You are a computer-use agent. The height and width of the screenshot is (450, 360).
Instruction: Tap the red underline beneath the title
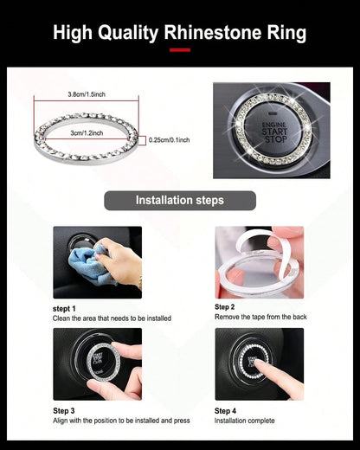pyautogui.click(x=180, y=50)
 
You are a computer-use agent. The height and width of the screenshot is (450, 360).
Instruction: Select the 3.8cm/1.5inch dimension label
pyautogui.click(x=87, y=94)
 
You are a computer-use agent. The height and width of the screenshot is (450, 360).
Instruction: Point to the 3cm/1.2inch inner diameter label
pyautogui.click(x=87, y=133)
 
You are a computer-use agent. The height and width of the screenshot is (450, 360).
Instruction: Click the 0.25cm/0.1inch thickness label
pyautogui.click(x=170, y=140)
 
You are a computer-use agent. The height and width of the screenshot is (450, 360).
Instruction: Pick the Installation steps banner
pyautogui.click(x=180, y=201)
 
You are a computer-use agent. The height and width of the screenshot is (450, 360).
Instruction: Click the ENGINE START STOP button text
pyautogui.click(x=274, y=132)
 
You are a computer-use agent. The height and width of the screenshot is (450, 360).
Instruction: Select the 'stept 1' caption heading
pyautogui.click(x=64, y=309)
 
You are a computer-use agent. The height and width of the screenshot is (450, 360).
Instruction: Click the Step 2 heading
pyautogui.click(x=224, y=307)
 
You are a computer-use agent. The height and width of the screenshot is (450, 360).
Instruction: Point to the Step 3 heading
pyautogui.click(x=64, y=410)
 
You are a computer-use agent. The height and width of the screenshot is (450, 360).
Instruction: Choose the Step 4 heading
pyautogui.click(x=225, y=410)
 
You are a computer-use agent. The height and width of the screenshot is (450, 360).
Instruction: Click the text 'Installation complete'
pyautogui.click(x=244, y=421)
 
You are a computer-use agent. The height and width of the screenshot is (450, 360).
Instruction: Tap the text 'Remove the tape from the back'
pyautogui.click(x=260, y=317)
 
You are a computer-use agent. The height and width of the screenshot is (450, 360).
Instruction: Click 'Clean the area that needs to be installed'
pyautogui.click(x=112, y=318)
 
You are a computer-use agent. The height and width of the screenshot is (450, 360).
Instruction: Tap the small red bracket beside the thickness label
pyautogui.click(x=143, y=140)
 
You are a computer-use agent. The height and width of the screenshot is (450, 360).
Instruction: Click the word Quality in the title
pyautogui.click(x=128, y=33)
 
